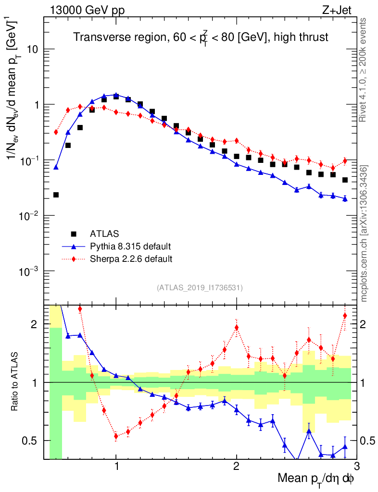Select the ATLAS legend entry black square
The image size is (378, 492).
coord(74,234)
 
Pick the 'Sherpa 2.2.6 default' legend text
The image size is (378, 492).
coord(131,259)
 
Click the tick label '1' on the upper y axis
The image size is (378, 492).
coord(39,105)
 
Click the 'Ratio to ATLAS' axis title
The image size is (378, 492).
coord(16,382)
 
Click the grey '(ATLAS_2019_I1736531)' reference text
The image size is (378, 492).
coord(200,288)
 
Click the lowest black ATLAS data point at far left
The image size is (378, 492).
coord(56,195)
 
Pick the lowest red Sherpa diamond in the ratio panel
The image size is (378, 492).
coord(116,436)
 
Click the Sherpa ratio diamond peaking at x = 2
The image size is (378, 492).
coord(237,328)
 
